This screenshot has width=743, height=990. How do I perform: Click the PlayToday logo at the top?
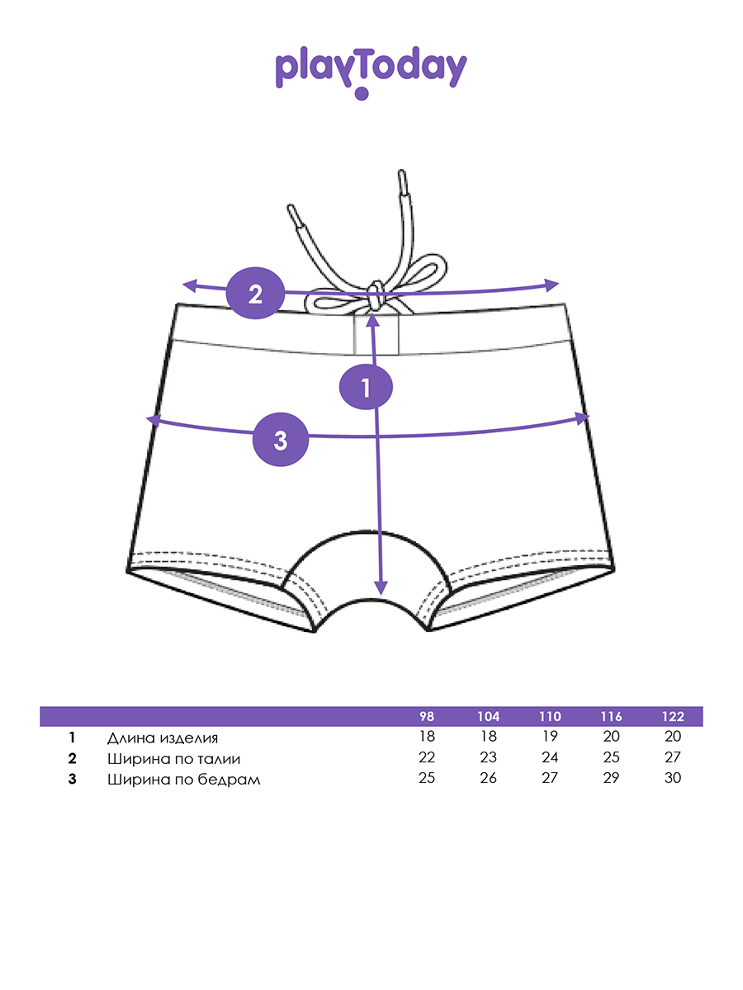click(371, 70)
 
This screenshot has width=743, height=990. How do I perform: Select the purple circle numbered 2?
click(255, 294)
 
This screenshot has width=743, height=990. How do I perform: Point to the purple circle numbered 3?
click(281, 440)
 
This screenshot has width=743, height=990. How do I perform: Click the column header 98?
click(426, 716)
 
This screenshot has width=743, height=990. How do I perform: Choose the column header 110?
click(550, 716)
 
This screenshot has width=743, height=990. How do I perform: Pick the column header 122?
click(673, 716)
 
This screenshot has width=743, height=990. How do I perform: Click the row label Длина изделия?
click(163, 738)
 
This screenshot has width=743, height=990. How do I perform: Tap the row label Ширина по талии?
click(174, 758)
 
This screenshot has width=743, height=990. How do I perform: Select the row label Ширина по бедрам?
click(183, 779)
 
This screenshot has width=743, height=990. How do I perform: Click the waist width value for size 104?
click(488, 758)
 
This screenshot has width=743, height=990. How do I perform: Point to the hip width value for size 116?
click(611, 779)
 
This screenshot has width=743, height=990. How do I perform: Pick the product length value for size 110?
click(550, 738)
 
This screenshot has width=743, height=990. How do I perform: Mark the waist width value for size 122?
click(673, 758)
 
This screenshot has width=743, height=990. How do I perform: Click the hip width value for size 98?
click(426, 779)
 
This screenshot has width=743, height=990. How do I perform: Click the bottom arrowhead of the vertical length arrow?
click(381, 588)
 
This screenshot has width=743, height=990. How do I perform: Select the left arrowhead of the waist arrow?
click(187, 286)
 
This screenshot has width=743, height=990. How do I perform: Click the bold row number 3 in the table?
click(73, 779)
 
